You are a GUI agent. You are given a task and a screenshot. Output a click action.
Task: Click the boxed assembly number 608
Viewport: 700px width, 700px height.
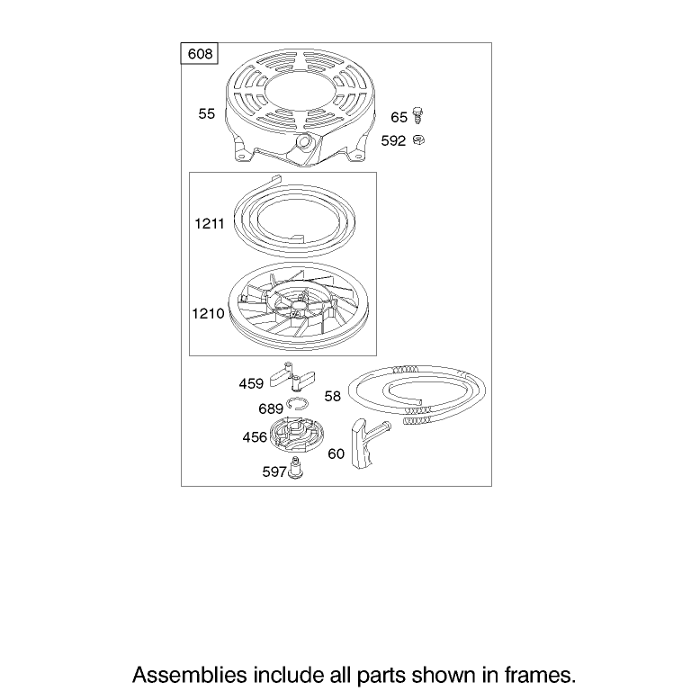coord(200,54)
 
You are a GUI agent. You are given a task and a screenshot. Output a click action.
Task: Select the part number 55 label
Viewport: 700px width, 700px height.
coord(207,114)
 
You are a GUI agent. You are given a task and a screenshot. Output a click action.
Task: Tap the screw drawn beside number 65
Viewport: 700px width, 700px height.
coord(417,115)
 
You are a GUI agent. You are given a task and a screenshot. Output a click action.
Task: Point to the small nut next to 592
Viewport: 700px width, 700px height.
coord(418,140)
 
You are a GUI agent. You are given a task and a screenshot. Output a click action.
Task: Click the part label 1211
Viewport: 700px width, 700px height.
coord(210,223)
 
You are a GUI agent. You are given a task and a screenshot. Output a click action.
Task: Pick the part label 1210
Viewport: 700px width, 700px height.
coord(208,313)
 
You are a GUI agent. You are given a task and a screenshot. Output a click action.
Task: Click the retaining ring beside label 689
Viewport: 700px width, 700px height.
coord(298,403)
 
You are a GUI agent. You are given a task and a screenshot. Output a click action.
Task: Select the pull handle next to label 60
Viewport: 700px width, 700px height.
coord(368,444)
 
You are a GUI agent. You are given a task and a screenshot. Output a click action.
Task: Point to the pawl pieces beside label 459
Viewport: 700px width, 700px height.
coord(292,376)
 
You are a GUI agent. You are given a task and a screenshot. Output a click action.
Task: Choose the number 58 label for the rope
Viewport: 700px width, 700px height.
coord(333,396)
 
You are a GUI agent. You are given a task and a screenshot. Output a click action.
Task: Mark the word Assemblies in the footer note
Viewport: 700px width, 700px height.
coord(190,675)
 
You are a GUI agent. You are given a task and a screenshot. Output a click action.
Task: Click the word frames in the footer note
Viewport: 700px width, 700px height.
coord(540,675)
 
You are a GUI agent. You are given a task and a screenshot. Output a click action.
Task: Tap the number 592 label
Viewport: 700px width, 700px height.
coord(393,141)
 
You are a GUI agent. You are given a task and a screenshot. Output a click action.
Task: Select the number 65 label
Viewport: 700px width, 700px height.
coord(399,117)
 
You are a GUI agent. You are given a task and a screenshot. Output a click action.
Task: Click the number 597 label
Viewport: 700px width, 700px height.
coord(274,471)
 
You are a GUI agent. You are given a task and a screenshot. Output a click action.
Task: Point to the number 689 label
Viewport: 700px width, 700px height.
coord(271,408)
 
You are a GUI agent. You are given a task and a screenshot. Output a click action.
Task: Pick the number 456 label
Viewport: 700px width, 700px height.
coord(255,437)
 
